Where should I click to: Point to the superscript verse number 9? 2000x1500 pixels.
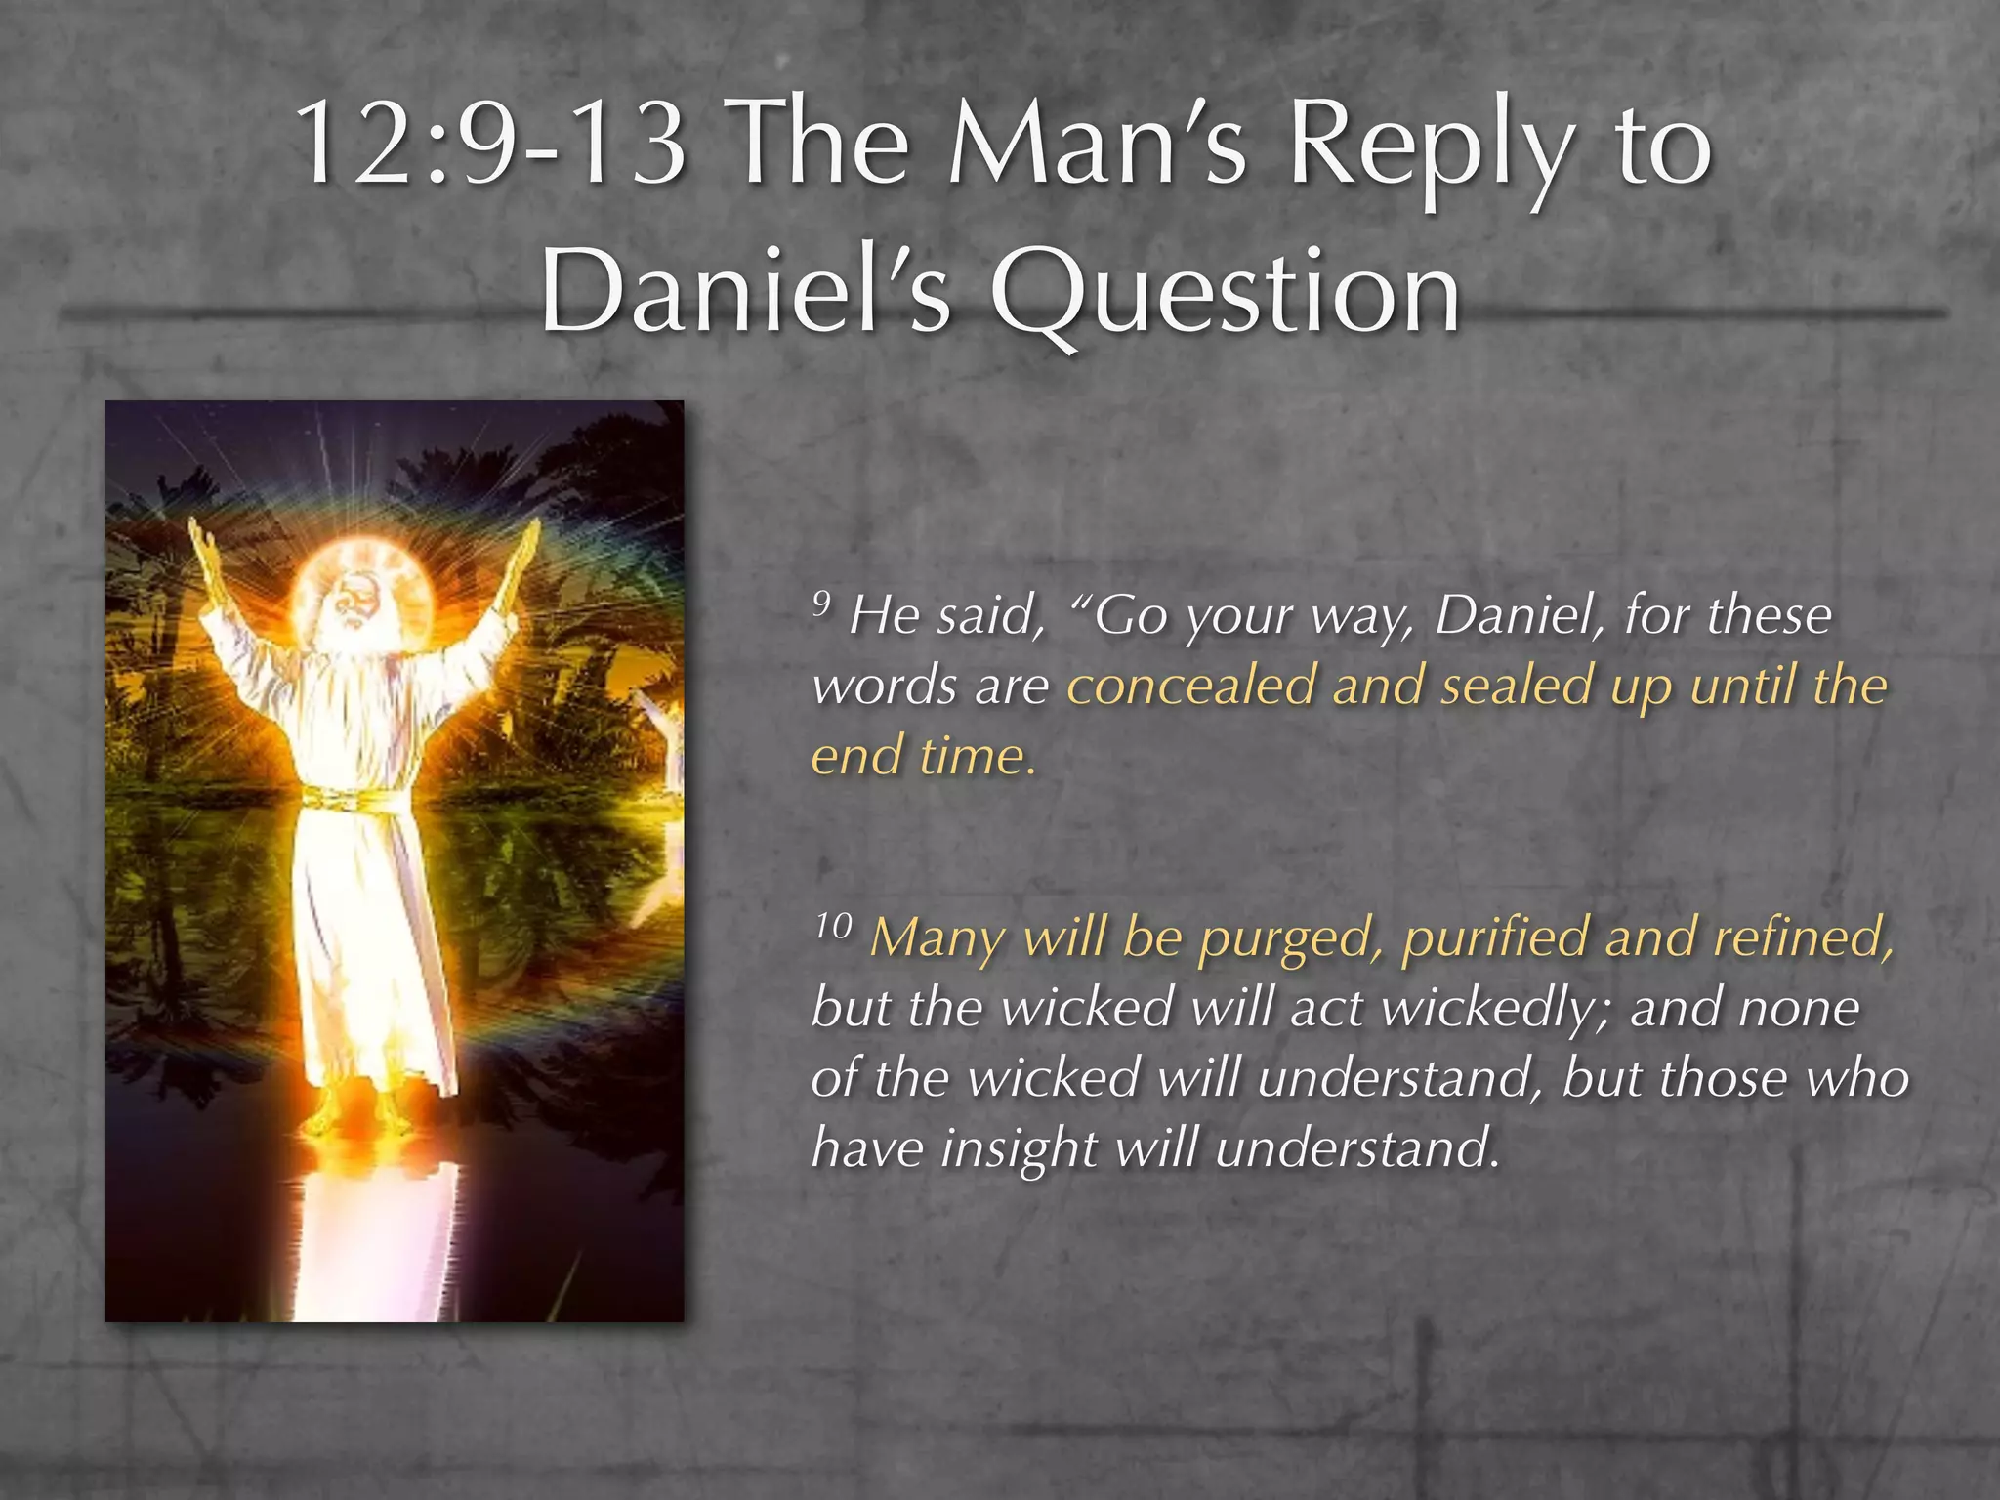pyautogui.click(x=822, y=604)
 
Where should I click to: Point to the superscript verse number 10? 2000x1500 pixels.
pyautogui.click(x=833, y=925)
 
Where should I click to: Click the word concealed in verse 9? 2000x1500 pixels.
pyautogui.click(x=1190, y=686)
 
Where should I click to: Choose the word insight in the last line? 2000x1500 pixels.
pyautogui.click(x=1020, y=1148)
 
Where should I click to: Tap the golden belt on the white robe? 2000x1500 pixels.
pyautogui.click(x=356, y=799)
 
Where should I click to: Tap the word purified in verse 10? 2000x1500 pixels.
pyautogui.click(x=1494, y=937)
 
